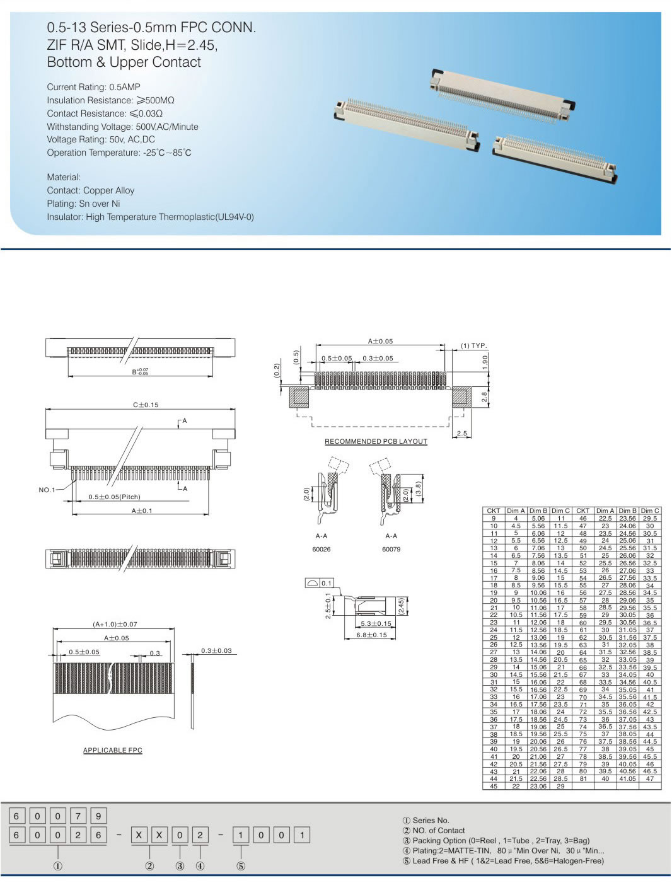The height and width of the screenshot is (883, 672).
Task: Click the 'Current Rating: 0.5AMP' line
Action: pyautogui.click(x=93, y=87)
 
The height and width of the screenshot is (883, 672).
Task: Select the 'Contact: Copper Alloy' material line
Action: pyautogui.click(x=90, y=190)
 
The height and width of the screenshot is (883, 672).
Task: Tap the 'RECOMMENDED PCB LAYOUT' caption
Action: pyautogui.click(x=376, y=441)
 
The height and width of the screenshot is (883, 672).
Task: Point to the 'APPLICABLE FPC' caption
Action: pyautogui.click(x=113, y=750)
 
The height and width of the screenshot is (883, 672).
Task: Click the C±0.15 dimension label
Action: pyautogui.click(x=146, y=405)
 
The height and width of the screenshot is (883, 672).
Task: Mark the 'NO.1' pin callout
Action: pyautogui.click(x=47, y=490)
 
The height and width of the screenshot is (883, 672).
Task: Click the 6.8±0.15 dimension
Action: pyautogui.click(x=371, y=635)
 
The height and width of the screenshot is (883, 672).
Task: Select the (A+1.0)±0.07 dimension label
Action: pyautogui.click(x=115, y=624)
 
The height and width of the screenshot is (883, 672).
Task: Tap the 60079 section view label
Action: pyautogui.click(x=391, y=549)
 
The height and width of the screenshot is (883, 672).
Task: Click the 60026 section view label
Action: pyautogui.click(x=322, y=549)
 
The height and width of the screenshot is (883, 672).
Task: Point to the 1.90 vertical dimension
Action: pyautogui.click(x=485, y=362)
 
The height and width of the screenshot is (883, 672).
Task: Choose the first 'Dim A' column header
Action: pyautogui.click(x=516, y=511)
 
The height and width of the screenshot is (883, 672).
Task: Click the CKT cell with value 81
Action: pyautogui.click(x=583, y=778)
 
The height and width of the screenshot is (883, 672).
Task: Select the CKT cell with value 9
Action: pyautogui.click(x=494, y=518)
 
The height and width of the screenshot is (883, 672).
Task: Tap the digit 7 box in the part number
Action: pyautogui.click(x=78, y=816)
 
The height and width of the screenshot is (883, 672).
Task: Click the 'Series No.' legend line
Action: pyautogui.click(x=426, y=820)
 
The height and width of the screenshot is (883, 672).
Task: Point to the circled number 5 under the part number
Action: pyautogui.click(x=241, y=866)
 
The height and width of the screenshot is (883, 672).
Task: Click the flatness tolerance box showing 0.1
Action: pyautogui.click(x=320, y=583)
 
